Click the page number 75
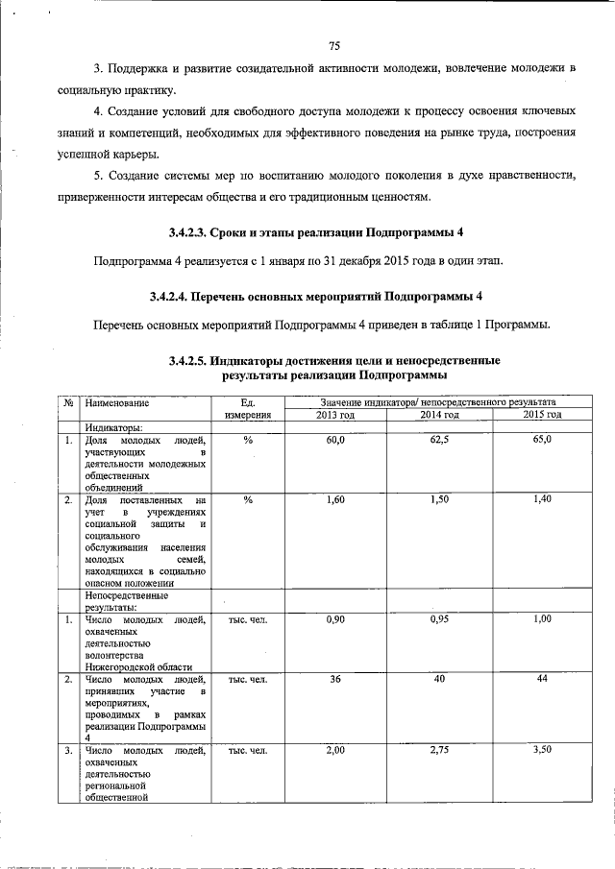(x=334, y=45)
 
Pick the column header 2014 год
(x=439, y=414)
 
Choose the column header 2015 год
(x=542, y=414)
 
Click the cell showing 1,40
(x=542, y=500)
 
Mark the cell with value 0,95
(x=439, y=619)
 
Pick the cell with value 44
(x=542, y=679)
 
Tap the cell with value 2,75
(x=439, y=749)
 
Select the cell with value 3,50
(x=542, y=749)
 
